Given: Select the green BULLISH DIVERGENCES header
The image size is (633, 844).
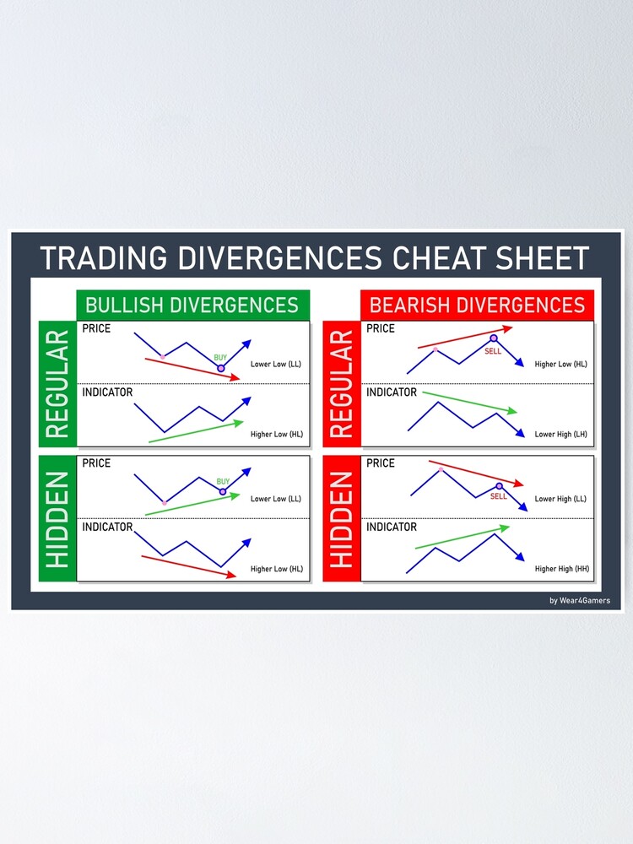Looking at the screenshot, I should [192, 305].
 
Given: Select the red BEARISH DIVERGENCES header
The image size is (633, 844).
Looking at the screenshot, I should [477, 305].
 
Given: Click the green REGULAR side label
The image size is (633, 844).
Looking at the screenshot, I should [57, 384].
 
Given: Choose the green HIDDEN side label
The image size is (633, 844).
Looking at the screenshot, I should [57, 518].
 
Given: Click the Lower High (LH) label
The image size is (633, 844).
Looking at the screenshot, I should [560, 435].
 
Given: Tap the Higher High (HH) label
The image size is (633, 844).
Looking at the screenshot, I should [561, 569].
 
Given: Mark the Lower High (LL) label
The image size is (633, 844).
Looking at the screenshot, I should [560, 499].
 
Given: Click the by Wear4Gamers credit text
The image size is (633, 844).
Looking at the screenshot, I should [579, 601].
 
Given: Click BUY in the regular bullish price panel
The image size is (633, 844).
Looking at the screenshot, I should [220, 358].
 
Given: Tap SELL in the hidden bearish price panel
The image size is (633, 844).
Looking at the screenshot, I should [499, 496].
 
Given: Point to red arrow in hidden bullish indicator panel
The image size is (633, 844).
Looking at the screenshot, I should [188, 566].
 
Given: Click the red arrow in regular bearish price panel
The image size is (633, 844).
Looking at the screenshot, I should [464, 338].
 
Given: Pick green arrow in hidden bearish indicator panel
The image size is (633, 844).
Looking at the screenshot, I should [462, 538].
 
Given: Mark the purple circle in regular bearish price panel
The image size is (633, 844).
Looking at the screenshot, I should [494, 338].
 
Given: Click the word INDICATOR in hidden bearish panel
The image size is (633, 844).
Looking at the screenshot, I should [392, 527].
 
